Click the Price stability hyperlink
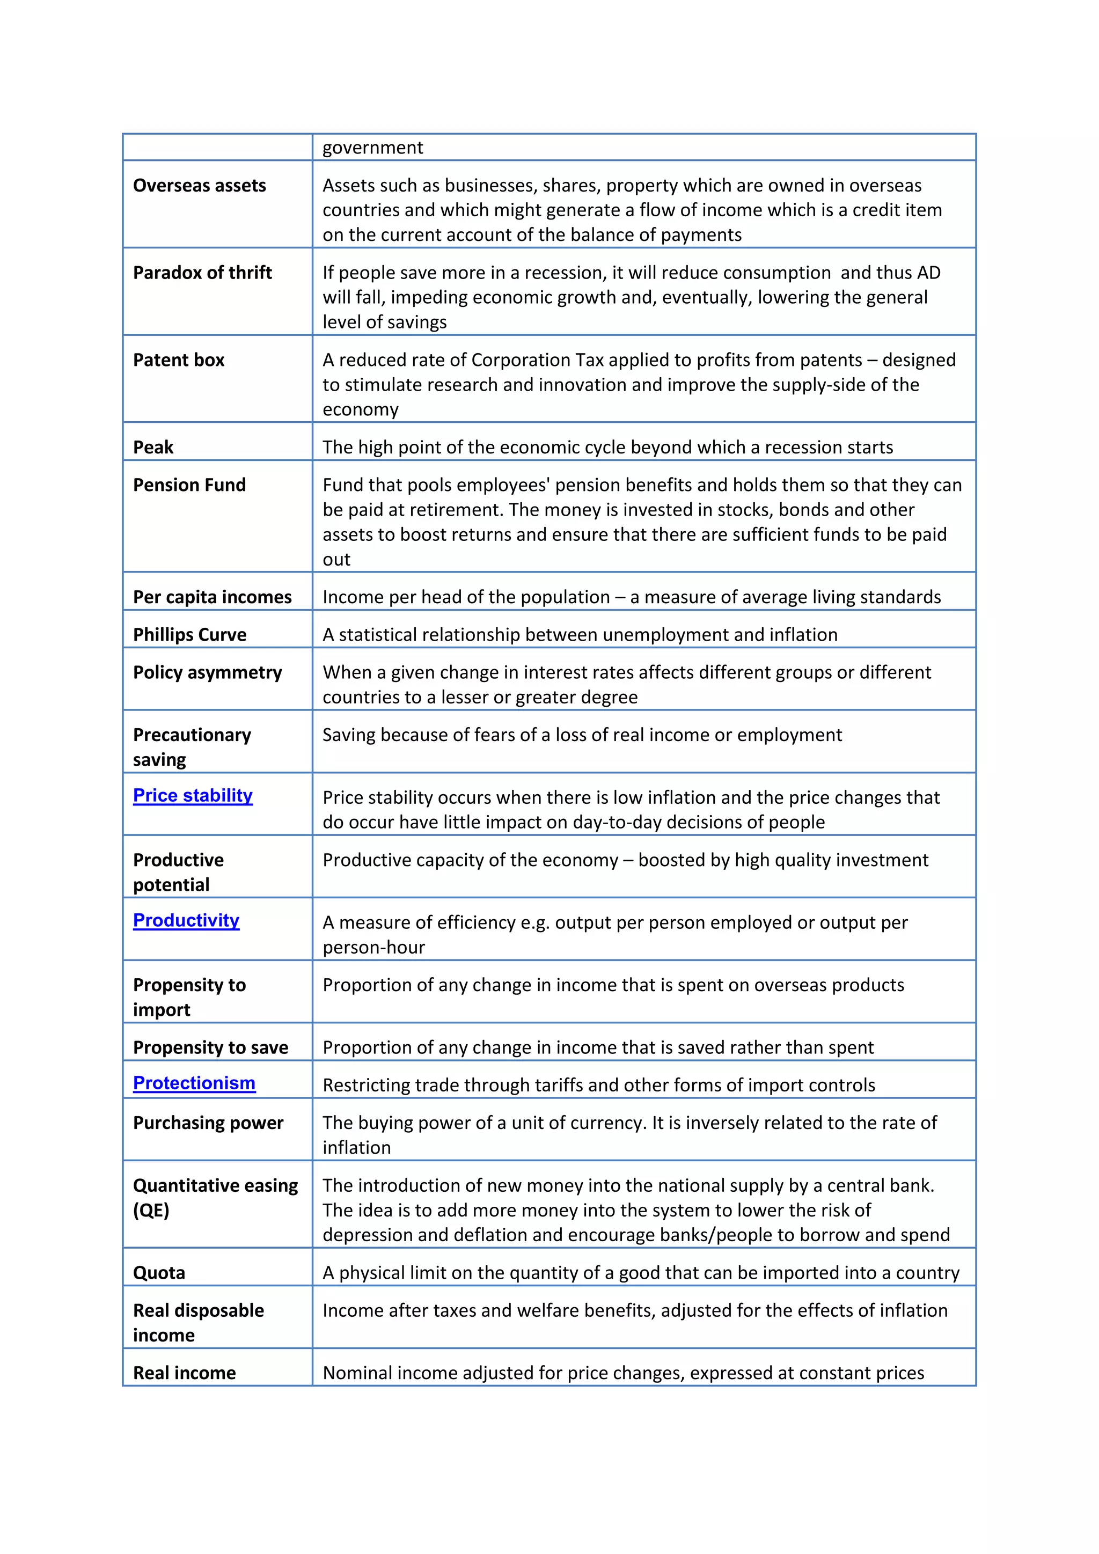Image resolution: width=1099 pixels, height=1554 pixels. pos(192,795)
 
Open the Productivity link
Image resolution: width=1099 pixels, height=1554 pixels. pos(186,920)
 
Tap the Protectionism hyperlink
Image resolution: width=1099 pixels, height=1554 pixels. pos(194,1083)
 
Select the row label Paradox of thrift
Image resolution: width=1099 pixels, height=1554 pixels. pos(202,273)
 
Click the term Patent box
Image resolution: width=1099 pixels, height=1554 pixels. pos(179,360)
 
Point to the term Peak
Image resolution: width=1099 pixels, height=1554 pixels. pos(153,448)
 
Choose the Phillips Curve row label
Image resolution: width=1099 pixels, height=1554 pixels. pos(189,635)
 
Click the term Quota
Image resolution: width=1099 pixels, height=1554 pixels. pos(159,1273)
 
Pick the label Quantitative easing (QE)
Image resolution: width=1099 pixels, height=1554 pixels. pos(215,1198)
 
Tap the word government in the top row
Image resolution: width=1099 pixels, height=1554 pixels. pos(372,148)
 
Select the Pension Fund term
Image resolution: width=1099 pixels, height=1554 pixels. pos(189,485)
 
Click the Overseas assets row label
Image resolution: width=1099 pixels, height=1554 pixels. pos(200,186)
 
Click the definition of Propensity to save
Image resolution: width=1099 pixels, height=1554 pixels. pos(598,1048)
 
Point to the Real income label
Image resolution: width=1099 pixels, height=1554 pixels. pos(184,1373)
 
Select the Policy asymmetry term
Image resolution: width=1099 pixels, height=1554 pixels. pos(207,673)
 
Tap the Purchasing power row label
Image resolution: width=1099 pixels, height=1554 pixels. pos(208,1123)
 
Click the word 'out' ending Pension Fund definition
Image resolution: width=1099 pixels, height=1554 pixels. pos(336,560)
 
